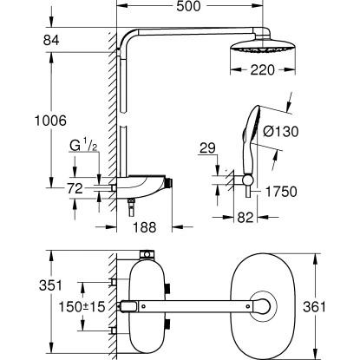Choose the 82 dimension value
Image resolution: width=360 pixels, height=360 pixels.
[245, 219]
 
